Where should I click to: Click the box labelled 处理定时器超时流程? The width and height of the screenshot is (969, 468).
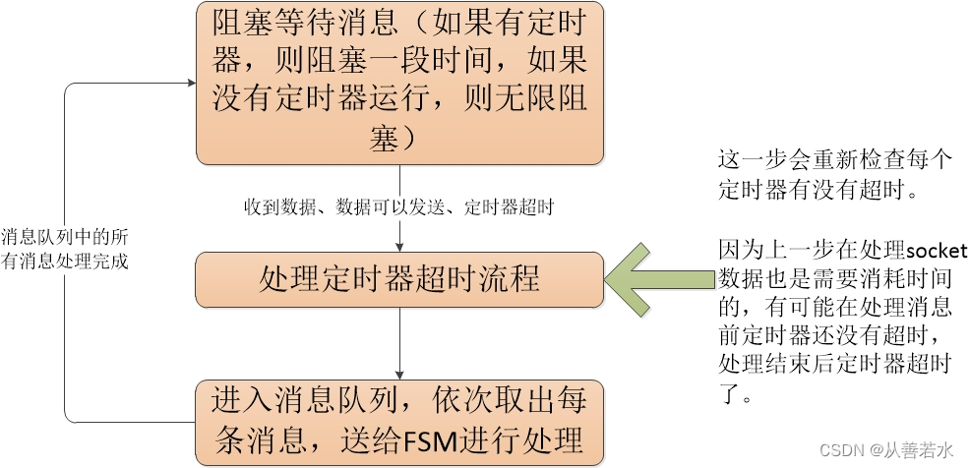coord(399,278)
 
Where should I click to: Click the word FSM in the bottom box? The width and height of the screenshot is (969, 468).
coord(428,436)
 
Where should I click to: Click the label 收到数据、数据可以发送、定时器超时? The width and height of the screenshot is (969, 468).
coord(399,208)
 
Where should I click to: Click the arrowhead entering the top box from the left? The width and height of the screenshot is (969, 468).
coord(189,85)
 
